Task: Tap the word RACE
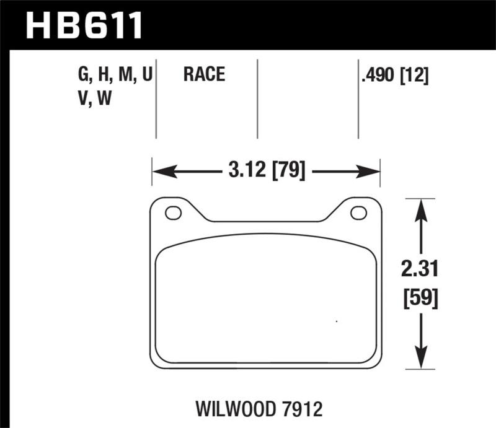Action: point(203,76)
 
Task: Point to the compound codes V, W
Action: point(94,98)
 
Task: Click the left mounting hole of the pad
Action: point(173,213)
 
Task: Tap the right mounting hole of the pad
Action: point(358,213)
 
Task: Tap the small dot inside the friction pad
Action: point(336,321)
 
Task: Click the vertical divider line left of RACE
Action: point(156,99)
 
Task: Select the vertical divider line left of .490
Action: point(358,99)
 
